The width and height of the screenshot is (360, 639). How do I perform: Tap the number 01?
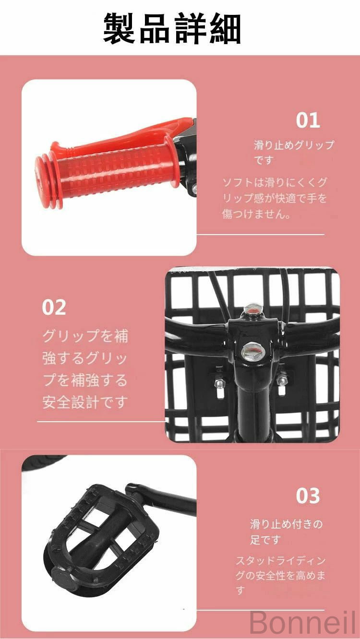click(x=308, y=120)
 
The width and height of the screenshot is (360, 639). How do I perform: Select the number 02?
click(x=54, y=307)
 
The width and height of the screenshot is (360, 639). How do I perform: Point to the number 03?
click(x=308, y=496)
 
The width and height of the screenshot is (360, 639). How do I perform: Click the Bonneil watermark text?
click(x=302, y=623)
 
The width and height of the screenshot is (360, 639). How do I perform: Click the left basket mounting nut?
click(x=219, y=382)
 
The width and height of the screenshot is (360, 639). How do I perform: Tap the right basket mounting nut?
click(x=281, y=380)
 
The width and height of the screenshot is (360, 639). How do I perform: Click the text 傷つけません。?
click(x=257, y=214)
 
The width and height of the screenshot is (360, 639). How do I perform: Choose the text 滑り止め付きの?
click(x=287, y=524)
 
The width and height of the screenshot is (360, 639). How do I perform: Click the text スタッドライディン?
click(x=281, y=560)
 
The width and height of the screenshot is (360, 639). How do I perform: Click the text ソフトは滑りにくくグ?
click(x=275, y=182)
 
